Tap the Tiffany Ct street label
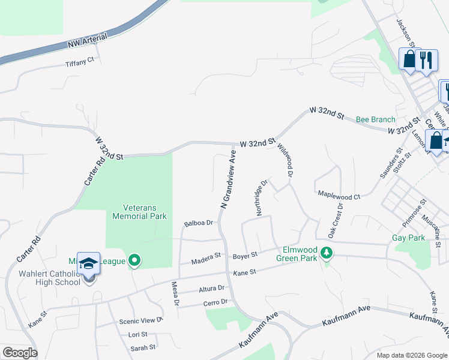click(x=80, y=62)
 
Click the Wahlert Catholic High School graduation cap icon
click(x=88, y=264)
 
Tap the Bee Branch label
click(x=376, y=119)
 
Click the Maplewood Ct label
click(x=339, y=196)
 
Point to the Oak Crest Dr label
click(x=335, y=220)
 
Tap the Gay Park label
click(x=408, y=238)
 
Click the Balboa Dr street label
click(x=199, y=223)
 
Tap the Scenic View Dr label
click(x=140, y=320)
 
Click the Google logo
click(x=20, y=353)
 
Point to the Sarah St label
click(x=143, y=347)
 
